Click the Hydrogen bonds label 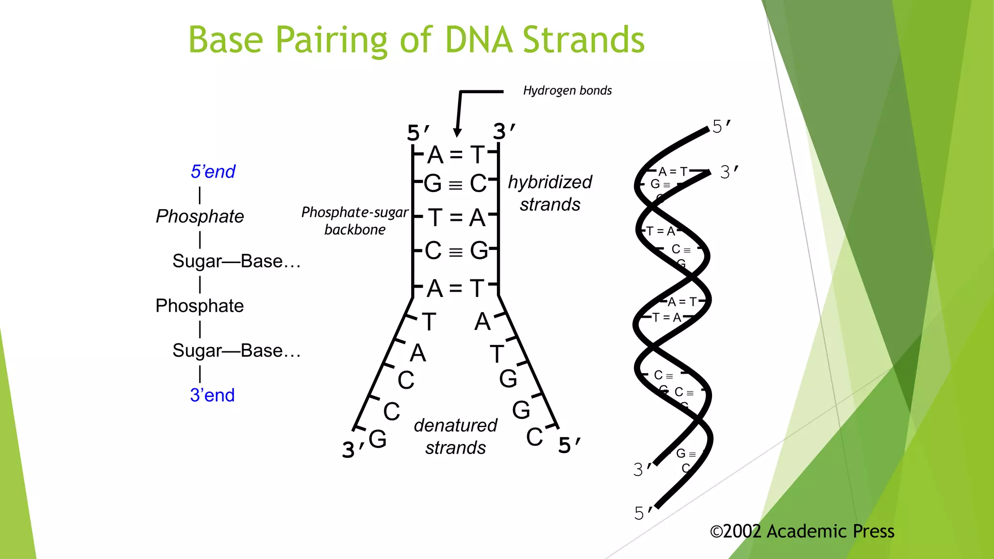point(567,91)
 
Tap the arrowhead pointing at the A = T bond point(457,132)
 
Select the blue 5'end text point(213,172)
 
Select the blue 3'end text point(212,395)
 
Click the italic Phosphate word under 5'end point(199,216)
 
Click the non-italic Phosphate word point(199,306)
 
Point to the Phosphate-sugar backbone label point(355,221)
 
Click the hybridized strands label point(550,193)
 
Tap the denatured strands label point(455,436)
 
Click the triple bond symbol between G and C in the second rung point(455,185)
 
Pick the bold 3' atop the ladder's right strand point(503,132)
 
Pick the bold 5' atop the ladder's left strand point(417,132)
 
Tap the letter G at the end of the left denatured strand point(378,439)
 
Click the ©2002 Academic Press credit point(802,531)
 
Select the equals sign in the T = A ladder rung point(456,218)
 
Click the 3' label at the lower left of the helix point(642,470)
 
